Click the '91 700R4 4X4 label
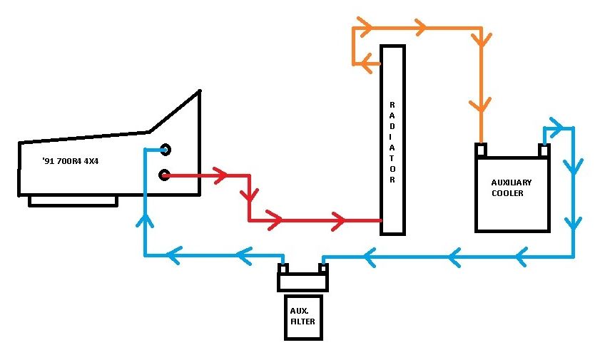(x=71, y=161)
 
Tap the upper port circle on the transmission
(x=166, y=150)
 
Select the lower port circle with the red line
(x=164, y=175)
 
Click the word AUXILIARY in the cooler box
(x=511, y=182)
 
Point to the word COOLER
(x=507, y=193)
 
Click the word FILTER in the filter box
(x=302, y=322)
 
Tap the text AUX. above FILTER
(x=299, y=311)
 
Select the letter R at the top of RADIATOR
(x=392, y=105)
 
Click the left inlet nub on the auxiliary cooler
(x=481, y=150)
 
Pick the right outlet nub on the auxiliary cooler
(x=544, y=150)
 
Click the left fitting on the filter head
(x=283, y=268)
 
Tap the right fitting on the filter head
(x=322, y=268)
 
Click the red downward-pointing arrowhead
(x=249, y=195)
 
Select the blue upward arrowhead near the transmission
(x=145, y=220)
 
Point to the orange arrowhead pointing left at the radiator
(x=366, y=63)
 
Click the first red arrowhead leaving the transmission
(x=221, y=175)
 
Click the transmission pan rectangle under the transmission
(x=73, y=201)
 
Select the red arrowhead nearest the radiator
(x=338, y=221)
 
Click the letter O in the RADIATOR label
(x=392, y=168)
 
